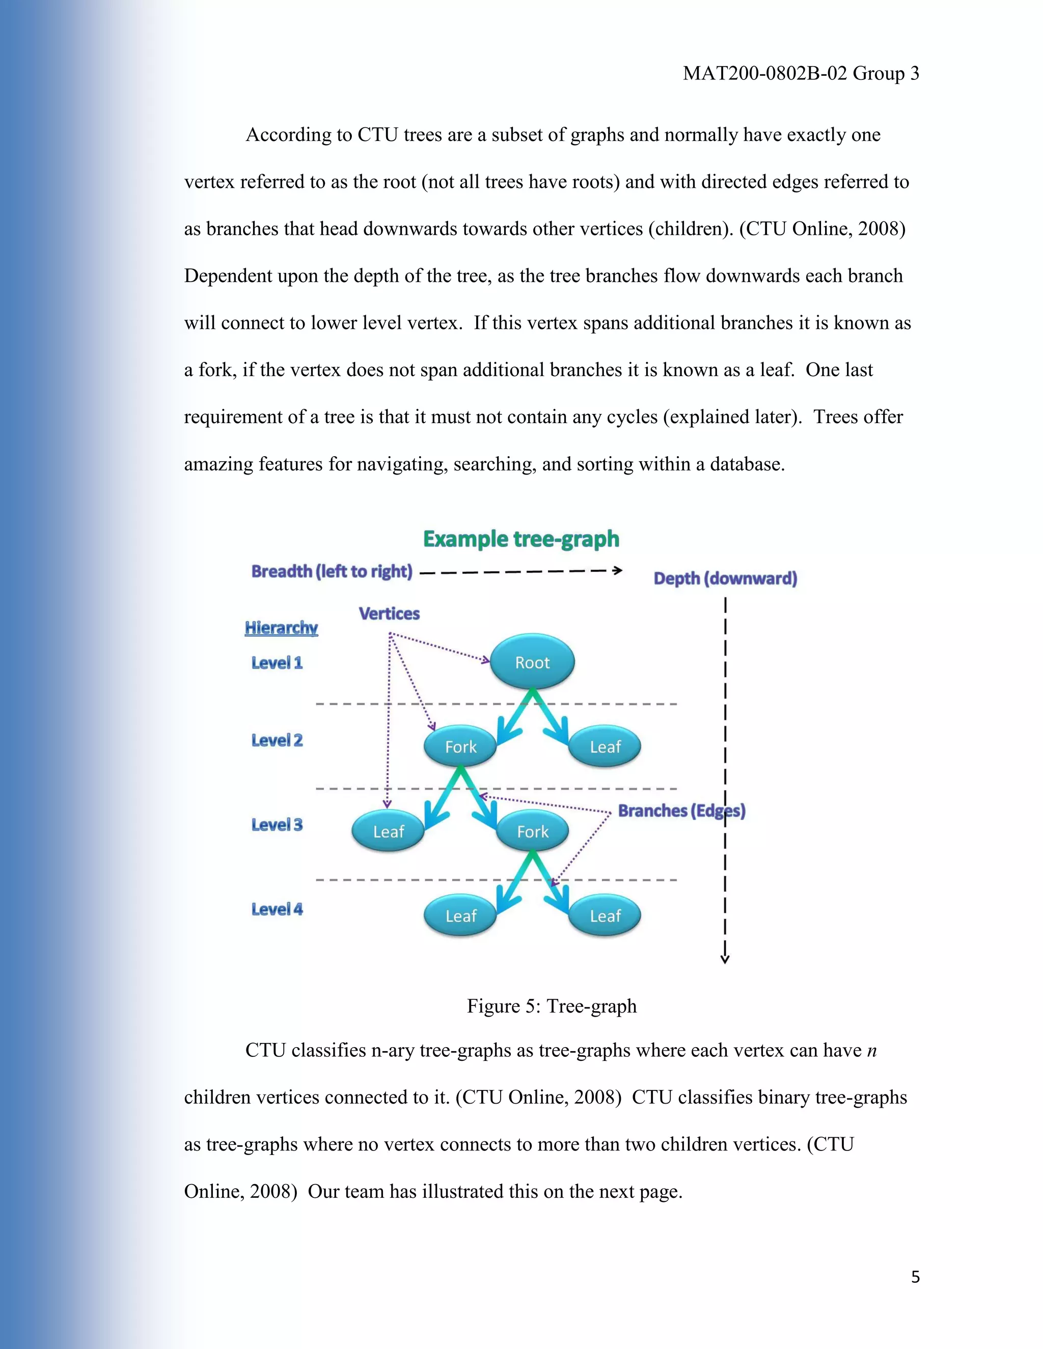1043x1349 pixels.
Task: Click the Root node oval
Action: click(x=532, y=662)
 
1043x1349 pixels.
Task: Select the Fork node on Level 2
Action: click(x=460, y=747)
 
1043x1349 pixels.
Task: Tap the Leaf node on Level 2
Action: click(x=605, y=747)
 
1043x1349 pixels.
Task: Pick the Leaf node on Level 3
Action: click(x=388, y=831)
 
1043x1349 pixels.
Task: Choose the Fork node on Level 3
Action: click(x=532, y=831)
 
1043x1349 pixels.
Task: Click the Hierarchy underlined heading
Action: click(x=281, y=628)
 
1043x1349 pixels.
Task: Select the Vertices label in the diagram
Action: click(x=389, y=613)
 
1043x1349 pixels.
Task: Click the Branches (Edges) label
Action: click(x=681, y=810)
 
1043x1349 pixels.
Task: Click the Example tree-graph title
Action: click(x=521, y=539)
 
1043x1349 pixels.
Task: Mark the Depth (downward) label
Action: click(x=725, y=578)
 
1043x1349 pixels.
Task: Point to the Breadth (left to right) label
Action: click(x=332, y=571)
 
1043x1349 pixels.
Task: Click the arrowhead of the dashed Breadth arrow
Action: click(x=617, y=570)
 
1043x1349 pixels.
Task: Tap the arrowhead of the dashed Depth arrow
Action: click(x=725, y=959)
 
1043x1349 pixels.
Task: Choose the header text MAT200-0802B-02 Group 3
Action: click(x=801, y=73)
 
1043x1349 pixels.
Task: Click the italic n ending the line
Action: click(x=871, y=1051)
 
